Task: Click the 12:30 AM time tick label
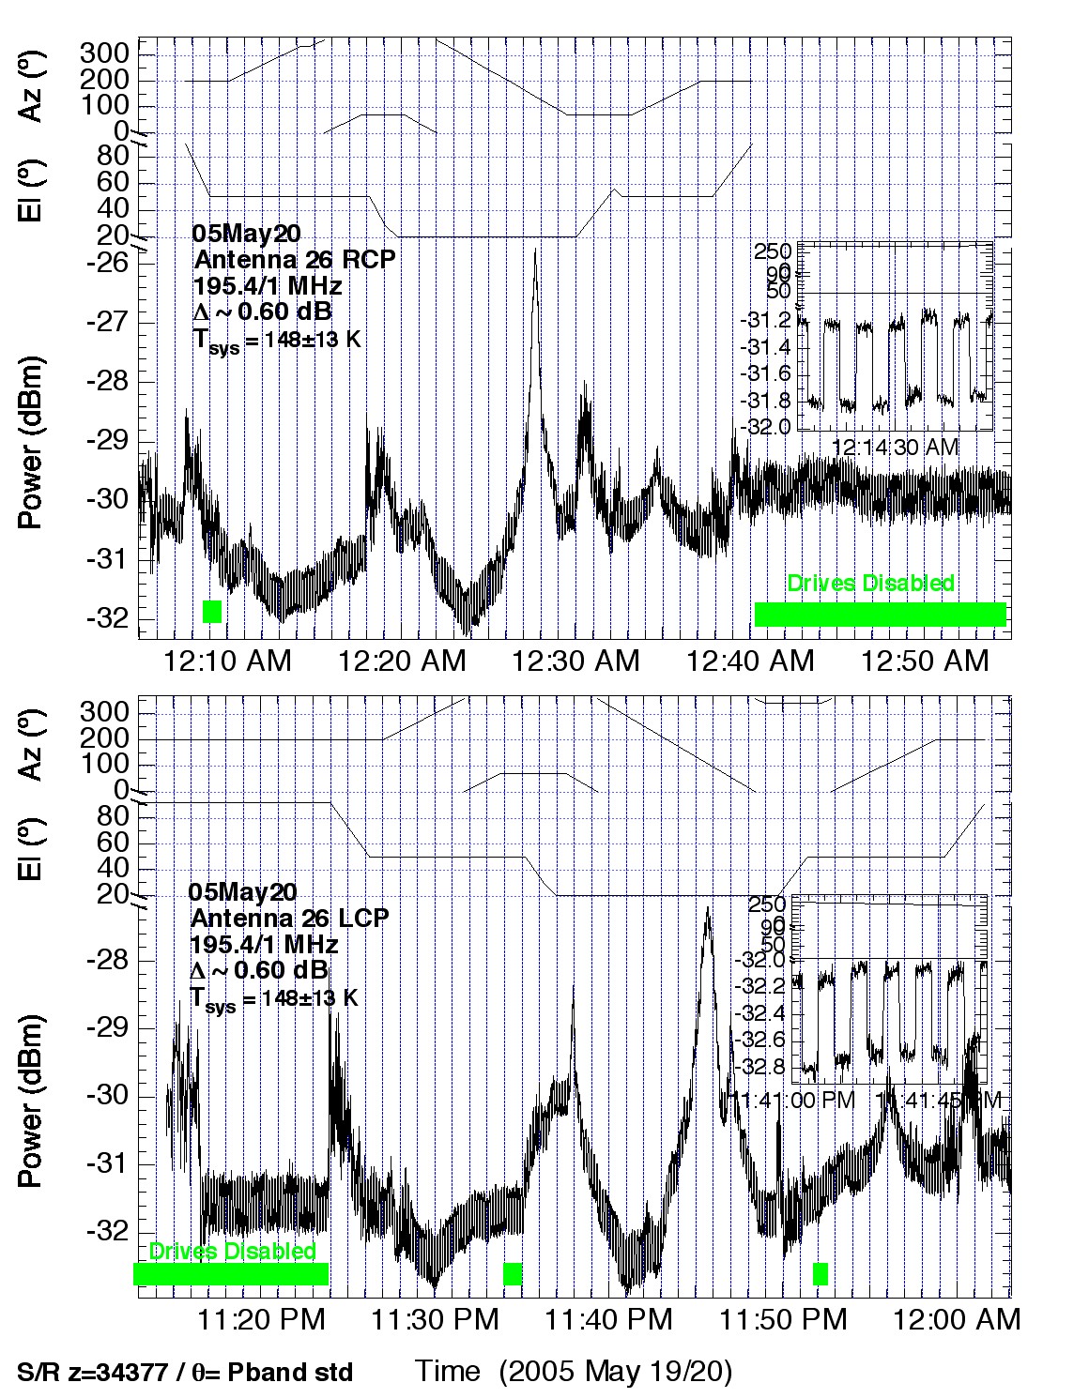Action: [575, 661]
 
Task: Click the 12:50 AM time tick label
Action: [925, 661]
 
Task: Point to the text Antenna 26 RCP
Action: [294, 259]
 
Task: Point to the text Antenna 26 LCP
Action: [289, 918]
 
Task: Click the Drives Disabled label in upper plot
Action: [870, 584]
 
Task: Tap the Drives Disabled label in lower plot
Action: [233, 1252]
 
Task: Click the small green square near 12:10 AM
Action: [212, 612]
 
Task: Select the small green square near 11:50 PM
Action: [821, 1274]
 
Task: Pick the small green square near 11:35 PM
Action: [513, 1274]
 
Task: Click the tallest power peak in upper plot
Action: [535, 251]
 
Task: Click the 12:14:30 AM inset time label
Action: [895, 448]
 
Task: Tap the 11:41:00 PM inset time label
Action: [797, 1099]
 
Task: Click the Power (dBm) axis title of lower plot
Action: [31, 1101]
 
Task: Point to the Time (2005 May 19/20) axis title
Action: [573, 1372]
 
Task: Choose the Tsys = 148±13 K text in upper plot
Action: [277, 340]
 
